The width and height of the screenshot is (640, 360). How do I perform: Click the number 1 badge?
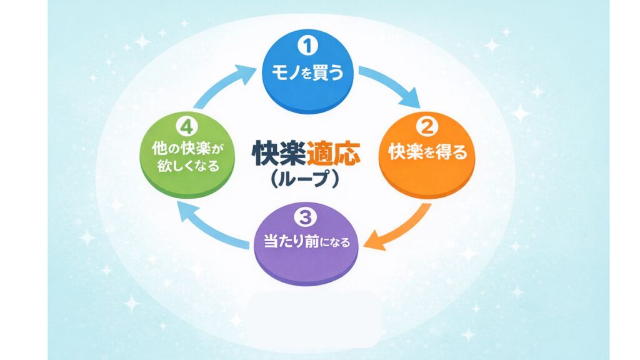(306, 47)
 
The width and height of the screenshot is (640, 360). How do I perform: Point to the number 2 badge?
(428, 127)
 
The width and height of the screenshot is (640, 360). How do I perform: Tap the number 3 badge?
(307, 217)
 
